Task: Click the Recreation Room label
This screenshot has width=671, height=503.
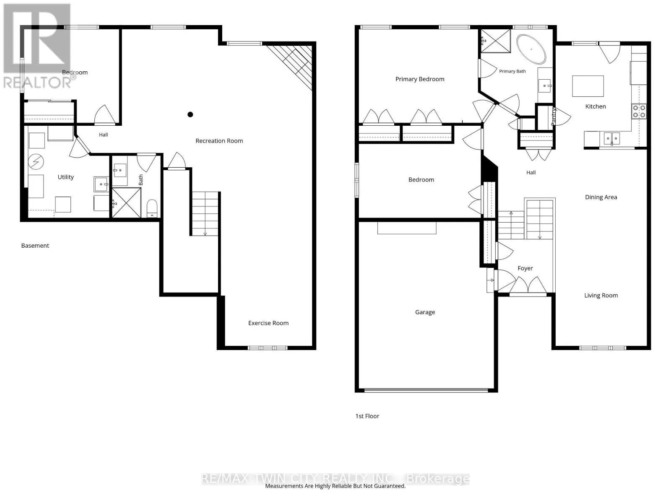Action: pyautogui.click(x=219, y=141)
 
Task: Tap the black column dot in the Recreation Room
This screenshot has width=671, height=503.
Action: pyautogui.click(x=190, y=114)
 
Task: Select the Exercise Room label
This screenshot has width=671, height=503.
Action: pyautogui.click(x=268, y=323)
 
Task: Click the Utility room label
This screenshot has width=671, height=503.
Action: pyautogui.click(x=66, y=177)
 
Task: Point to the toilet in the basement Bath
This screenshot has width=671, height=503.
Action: pyautogui.click(x=152, y=208)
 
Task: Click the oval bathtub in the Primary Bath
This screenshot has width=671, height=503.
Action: pyautogui.click(x=531, y=49)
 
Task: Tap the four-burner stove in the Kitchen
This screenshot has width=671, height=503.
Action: pyautogui.click(x=639, y=111)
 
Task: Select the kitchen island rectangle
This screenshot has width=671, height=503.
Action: pyautogui.click(x=588, y=86)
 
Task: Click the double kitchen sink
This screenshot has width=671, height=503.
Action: pyautogui.click(x=611, y=139)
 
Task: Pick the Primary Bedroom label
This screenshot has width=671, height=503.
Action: pyautogui.click(x=420, y=79)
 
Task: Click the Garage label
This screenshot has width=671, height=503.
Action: pyautogui.click(x=425, y=312)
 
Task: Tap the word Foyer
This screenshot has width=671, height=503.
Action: pyautogui.click(x=525, y=268)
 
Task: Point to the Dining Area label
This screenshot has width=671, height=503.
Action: pyautogui.click(x=601, y=197)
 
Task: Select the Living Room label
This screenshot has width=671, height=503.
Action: pyautogui.click(x=601, y=296)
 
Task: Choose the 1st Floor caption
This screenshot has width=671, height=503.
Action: pyautogui.click(x=367, y=416)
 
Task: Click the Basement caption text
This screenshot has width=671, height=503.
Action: pyautogui.click(x=35, y=246)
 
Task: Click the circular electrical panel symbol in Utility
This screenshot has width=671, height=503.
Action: pyautogui.click(x=36, y=161)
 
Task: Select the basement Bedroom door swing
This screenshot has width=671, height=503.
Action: pyautogui.click(x=104, y=114)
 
